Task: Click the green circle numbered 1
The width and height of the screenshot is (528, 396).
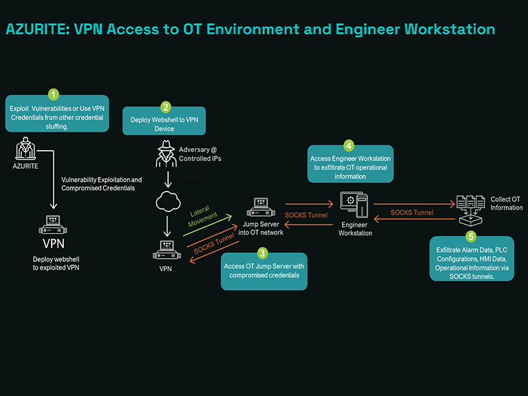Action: click(54, 95)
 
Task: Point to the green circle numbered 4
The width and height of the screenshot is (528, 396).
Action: click(349, 146)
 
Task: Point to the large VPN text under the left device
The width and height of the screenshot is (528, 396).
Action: click(54, 243)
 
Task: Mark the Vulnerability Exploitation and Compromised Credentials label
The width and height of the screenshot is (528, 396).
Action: click(102, 184)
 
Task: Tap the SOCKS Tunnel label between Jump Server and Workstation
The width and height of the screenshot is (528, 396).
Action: click(306, 215)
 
